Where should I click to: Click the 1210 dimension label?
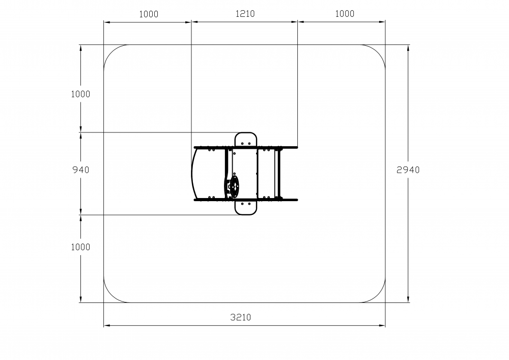point(245,14)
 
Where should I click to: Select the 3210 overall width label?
point(241,317)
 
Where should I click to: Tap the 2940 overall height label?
point(408,170)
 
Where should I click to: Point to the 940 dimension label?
point(80,170)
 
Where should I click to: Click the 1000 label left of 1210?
point(149,14)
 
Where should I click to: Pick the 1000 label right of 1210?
point(345,14)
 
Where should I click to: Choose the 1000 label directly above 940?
point(80,94)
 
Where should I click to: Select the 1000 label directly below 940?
point(80,247)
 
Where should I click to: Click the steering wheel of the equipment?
point(233,186)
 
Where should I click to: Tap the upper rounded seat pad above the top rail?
point(246,139)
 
